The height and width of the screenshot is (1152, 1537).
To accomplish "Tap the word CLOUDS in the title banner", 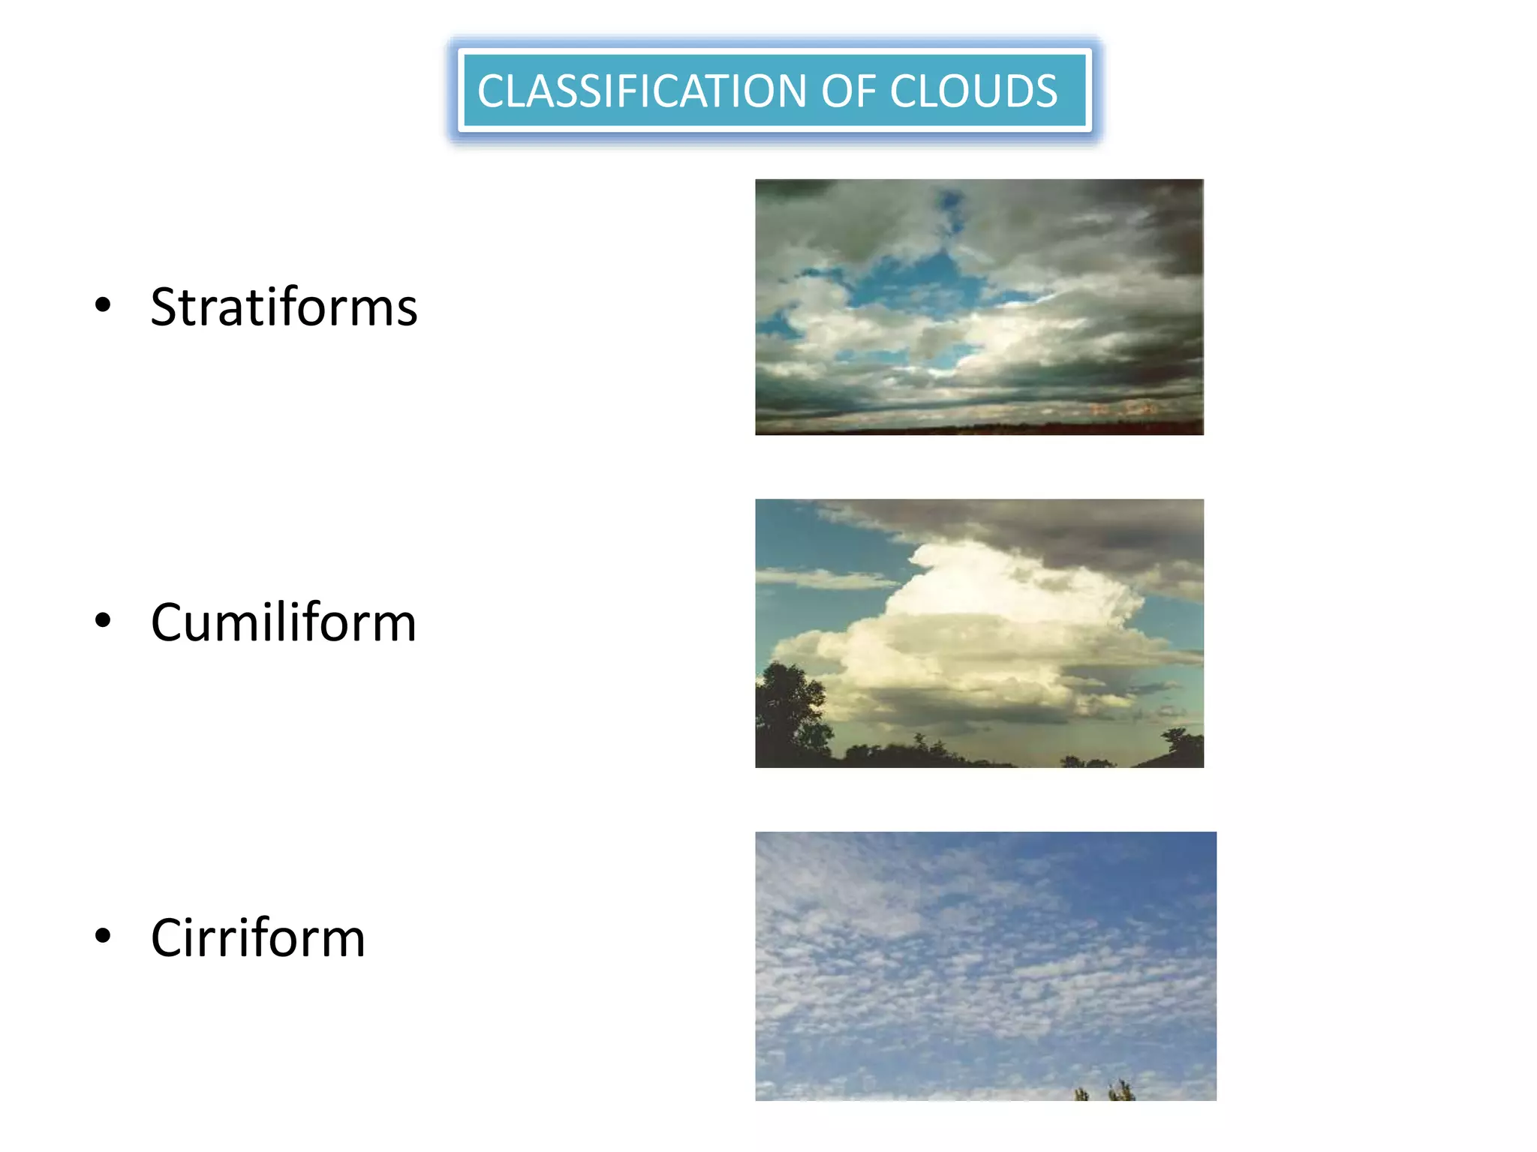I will [x=973, y=91].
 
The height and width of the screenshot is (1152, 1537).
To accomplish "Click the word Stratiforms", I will [x=284, y=307].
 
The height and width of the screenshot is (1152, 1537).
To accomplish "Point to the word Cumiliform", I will [x=283, y=622].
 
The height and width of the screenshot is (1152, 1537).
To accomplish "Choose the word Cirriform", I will [x=257, y=938].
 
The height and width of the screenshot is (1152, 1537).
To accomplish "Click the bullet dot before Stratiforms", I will [x=104, y=304].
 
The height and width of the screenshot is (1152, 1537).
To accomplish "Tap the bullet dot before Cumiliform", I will [x=104, y=620].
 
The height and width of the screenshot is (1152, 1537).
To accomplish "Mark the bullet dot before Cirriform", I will [x=104, y=935].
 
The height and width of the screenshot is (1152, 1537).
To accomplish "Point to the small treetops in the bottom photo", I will [x=1103, y=1090].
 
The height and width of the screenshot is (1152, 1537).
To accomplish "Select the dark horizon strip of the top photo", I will [x=976, y=430].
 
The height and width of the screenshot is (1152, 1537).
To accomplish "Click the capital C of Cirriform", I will [x=167, y=938].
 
